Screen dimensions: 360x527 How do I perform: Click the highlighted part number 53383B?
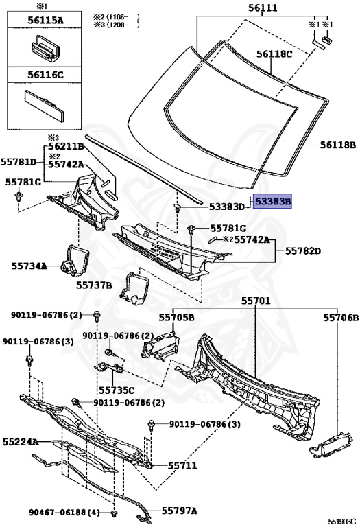(272, 201)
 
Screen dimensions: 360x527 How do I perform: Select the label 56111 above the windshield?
(263, 8)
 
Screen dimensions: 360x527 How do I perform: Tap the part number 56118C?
(275, 54)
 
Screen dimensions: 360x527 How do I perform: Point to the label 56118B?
(338, 145)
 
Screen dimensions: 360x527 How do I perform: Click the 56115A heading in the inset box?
(45, 20)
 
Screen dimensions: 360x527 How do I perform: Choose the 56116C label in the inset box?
(45, 74)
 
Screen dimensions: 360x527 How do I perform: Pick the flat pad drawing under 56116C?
(44, 105)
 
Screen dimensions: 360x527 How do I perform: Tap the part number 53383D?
(227, 207)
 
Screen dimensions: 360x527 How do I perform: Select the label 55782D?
(303, 250)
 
